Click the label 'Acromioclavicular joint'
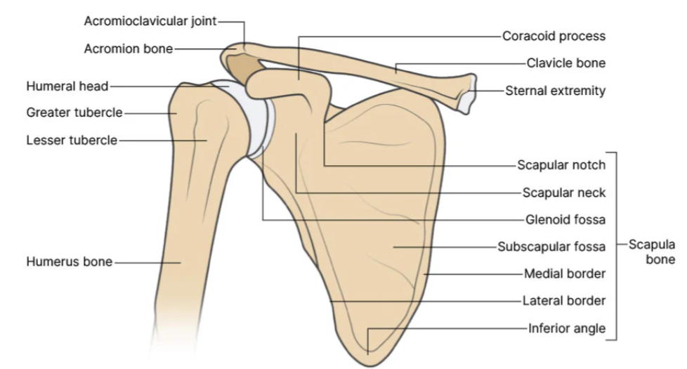pos(150,21)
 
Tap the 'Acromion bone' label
pos(128,48)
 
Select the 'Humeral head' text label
pos(67,86)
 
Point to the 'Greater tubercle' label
pos(74,112)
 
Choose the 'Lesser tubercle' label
pos(72,140)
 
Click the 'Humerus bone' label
pos(70,261)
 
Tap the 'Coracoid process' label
pos(554,36)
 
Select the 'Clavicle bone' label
pos(565,63)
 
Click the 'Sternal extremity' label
pos(555,91)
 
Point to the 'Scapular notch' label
pos(561,166)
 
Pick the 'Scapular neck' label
pos(563,193)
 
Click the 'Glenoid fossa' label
pos(565,219)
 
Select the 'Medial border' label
pos(564,273)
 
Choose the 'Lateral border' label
pos(563,301)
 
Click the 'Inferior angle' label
pos(566,328)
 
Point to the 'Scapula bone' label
pos(651,252)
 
